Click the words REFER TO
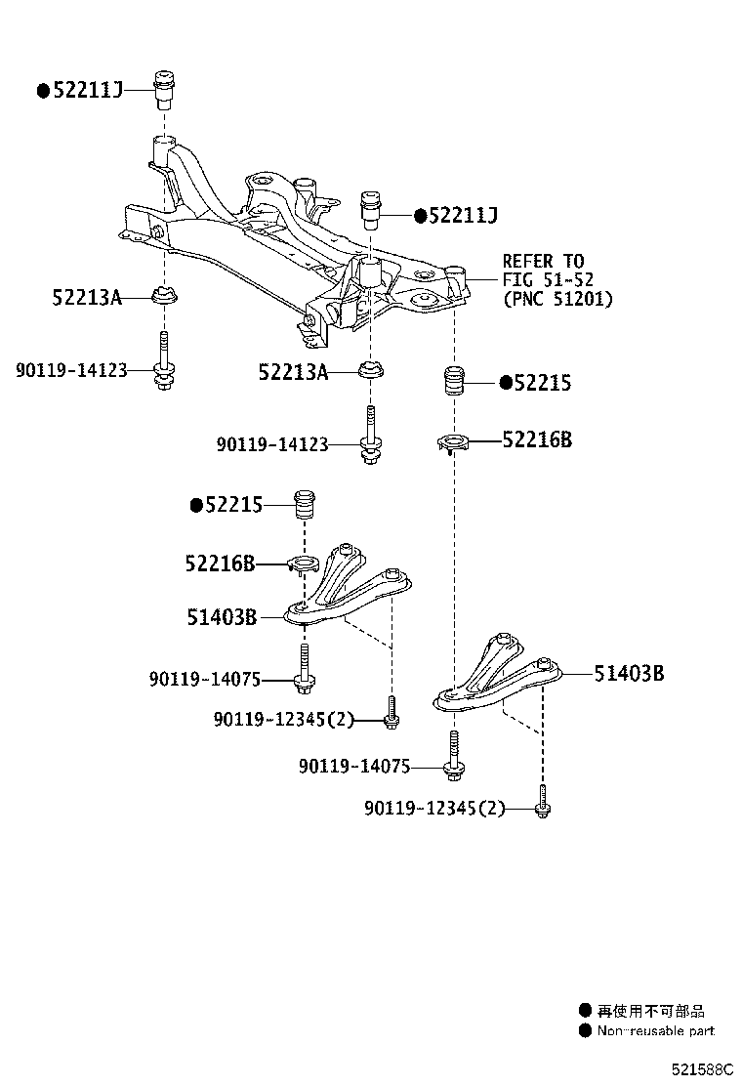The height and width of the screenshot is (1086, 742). click(543, 261)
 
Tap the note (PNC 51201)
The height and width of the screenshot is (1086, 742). click(557, 300)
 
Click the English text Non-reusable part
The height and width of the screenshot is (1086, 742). click(655, 1030)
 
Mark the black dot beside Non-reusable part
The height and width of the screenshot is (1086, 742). click(585, 1030)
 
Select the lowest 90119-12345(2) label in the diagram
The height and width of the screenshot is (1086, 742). click(434, 809)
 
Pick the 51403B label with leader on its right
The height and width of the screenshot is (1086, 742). click(630, 672)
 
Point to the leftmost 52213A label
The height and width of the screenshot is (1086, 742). click(87, 297)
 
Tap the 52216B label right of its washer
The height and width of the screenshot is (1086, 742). click(537, 440)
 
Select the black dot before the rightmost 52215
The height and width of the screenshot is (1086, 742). click(506, 383)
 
